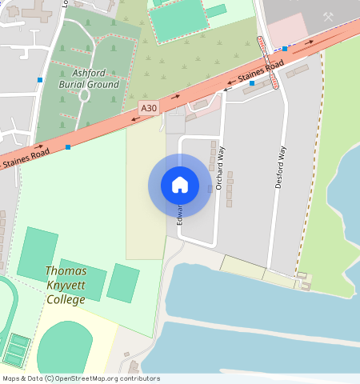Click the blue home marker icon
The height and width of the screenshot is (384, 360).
coord(180,185)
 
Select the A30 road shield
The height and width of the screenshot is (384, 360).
coord(148,107)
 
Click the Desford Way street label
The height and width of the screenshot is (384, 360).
coord(281,166)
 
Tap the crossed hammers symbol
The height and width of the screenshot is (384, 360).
coord(328,15)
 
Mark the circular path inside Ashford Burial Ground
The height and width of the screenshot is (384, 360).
coord(84,95)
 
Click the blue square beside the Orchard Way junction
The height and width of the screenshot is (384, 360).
coord(252,83)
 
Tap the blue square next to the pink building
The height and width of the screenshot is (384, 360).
coord(285,49)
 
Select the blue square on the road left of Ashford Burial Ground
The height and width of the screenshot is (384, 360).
coord(40,79)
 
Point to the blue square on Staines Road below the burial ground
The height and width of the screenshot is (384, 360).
coord(68,147)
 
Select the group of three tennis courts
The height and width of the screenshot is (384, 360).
coord(16,349)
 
